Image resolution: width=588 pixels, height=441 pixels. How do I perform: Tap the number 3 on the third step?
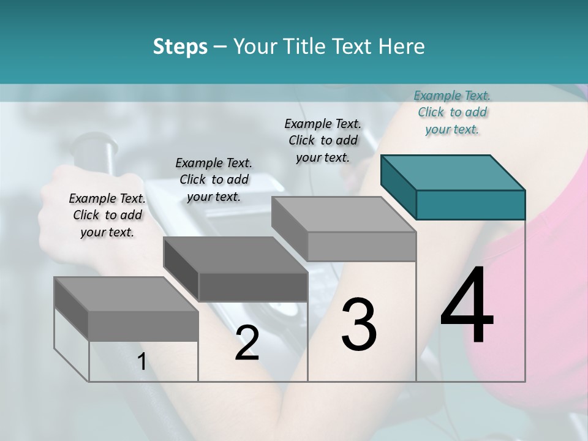coord(359,325)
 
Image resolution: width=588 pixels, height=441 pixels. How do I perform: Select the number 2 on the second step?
coord(247,344)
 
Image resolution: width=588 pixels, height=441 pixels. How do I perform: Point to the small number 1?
coord(141,362)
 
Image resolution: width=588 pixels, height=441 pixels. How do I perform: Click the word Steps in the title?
coord(180,47)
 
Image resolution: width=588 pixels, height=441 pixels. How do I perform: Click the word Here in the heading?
coord(402,47)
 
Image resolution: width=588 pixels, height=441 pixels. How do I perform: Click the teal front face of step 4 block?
coord(470,205)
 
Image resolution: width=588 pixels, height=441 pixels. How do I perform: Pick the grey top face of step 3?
coord(344,214)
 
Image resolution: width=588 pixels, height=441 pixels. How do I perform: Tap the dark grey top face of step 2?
coord(235,254)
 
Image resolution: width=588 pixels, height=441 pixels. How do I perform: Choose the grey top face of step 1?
coord(126,294)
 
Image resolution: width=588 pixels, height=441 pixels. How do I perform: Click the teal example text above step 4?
coord(452,112)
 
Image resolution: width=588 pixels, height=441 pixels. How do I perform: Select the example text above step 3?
coord(323,140)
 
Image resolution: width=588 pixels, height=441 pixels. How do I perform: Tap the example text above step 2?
coord(214,179)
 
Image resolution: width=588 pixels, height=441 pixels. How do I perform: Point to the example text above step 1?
coord(107,215)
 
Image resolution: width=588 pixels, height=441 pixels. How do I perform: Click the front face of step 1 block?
coord(143,326)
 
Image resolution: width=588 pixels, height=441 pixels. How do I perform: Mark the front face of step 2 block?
coord(253,287)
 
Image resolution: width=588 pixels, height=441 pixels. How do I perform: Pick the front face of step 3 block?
coord(361,247)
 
